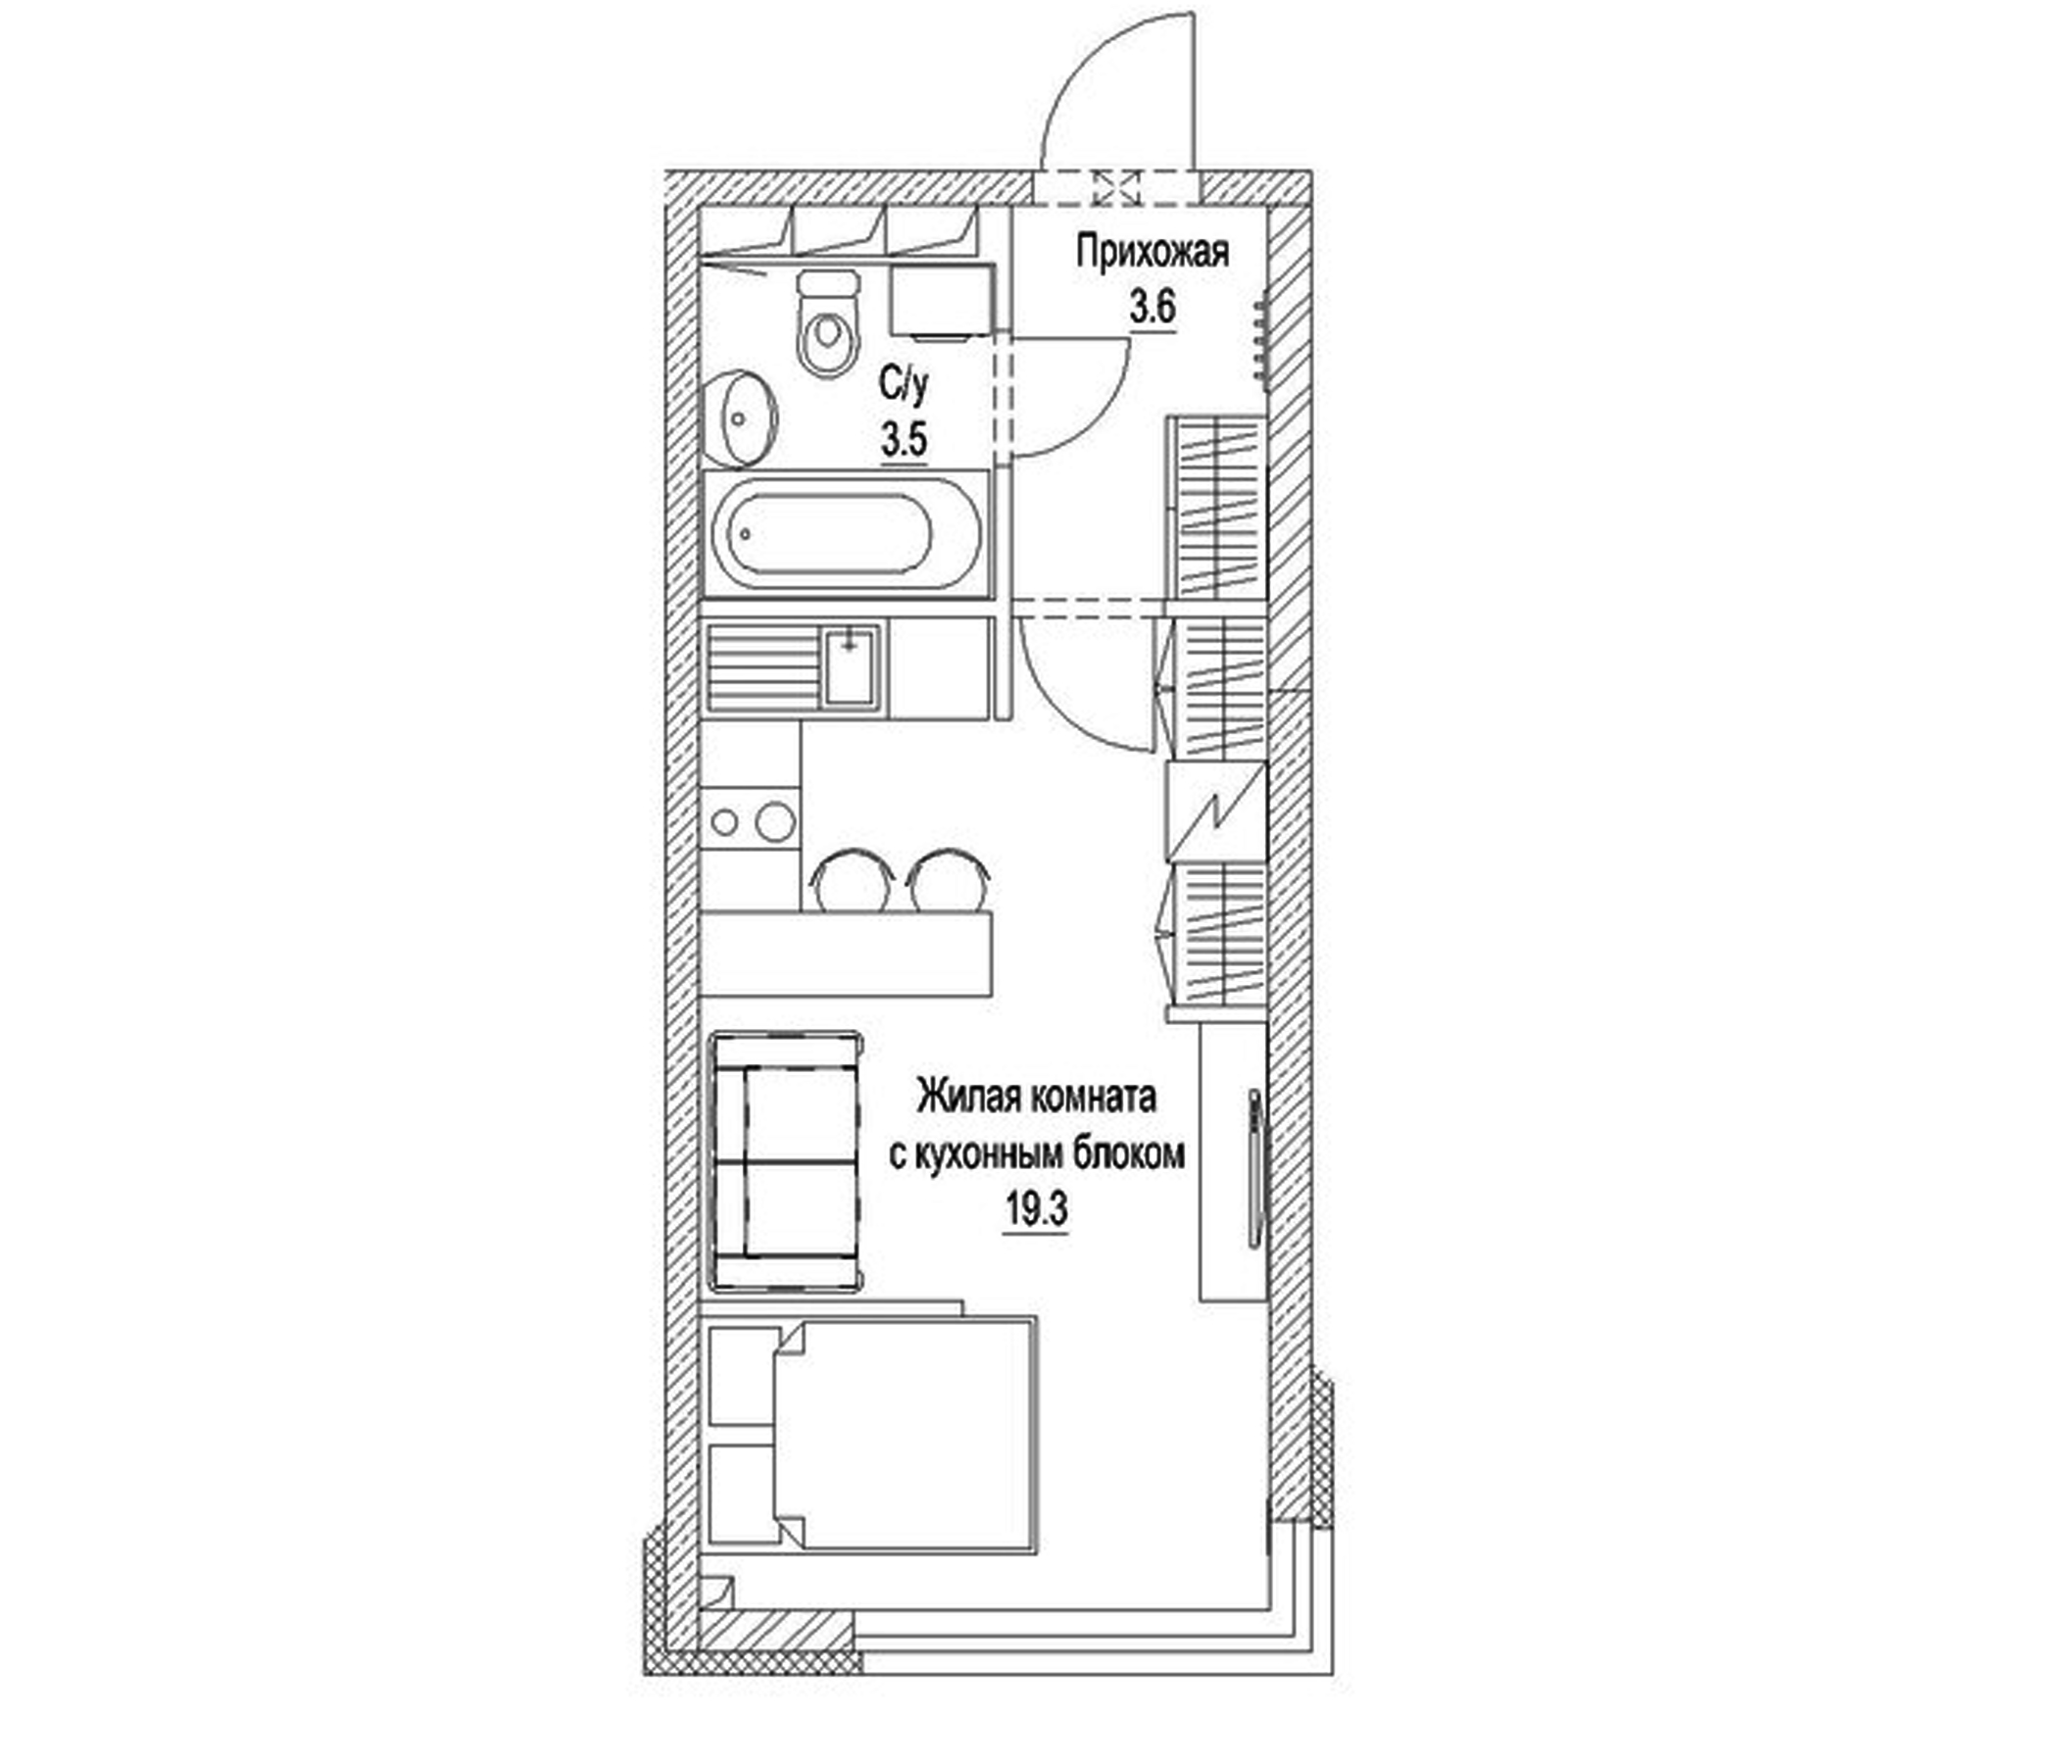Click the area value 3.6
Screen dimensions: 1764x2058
click(x=1152, y=308)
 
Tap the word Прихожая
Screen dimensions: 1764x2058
click(x=1153, y=252)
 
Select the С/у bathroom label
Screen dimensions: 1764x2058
click(x=905, y=384)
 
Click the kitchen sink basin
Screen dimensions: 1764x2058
click(x=849, y=665)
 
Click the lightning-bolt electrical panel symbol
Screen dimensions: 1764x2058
click(x=1217, y=810)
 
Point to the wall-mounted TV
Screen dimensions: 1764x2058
click(x=1255, y=1169)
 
